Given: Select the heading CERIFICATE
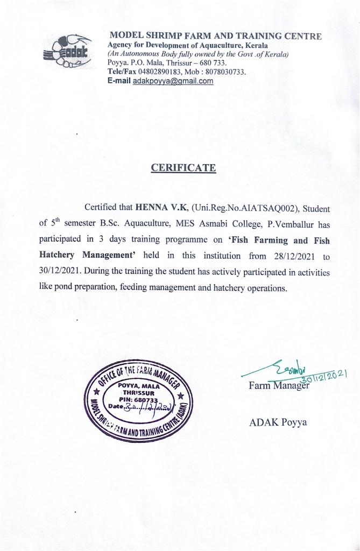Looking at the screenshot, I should pos(183,168).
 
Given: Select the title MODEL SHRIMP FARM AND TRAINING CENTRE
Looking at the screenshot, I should pos(215,37).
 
